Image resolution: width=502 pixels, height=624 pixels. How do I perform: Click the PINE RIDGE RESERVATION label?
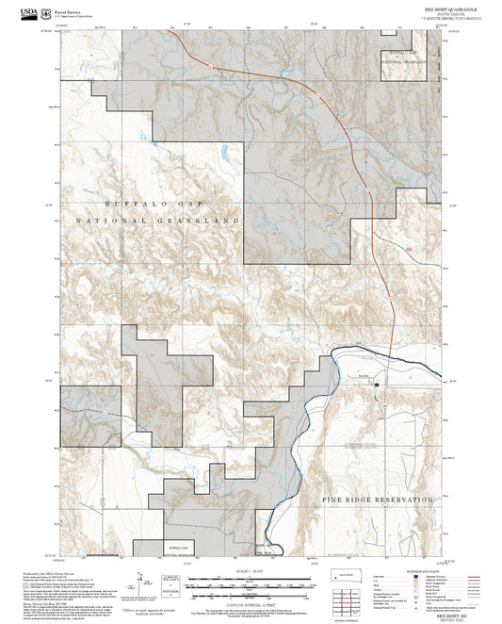coord(377,498)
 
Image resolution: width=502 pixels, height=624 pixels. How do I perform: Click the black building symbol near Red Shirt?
coord(376,385)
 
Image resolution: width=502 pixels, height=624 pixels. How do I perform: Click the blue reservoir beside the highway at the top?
coord(283,74)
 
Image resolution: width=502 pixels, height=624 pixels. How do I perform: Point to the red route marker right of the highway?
coord(410,249)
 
